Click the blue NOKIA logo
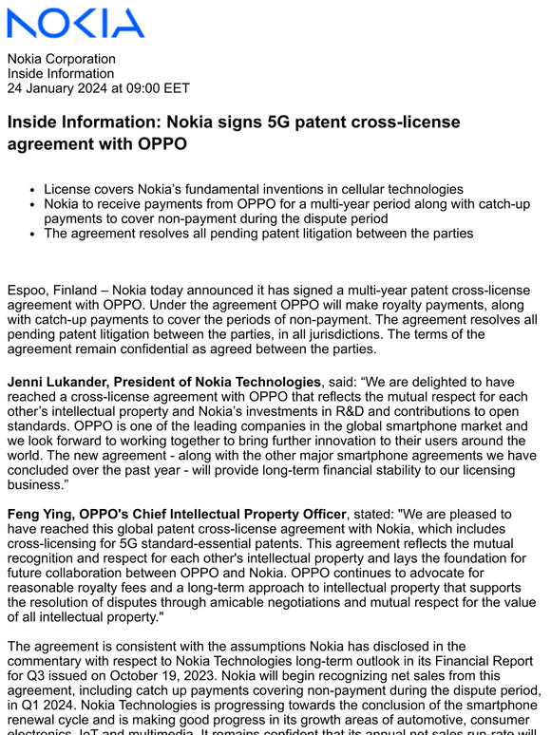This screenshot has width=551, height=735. [76, 22]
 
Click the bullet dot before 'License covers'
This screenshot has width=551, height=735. [34, 190]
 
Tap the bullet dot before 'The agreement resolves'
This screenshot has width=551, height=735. [34, 233]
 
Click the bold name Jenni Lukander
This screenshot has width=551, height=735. [63, 382]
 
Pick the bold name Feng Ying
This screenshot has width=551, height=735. [44, 515]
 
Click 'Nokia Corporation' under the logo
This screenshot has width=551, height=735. [61, 58]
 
